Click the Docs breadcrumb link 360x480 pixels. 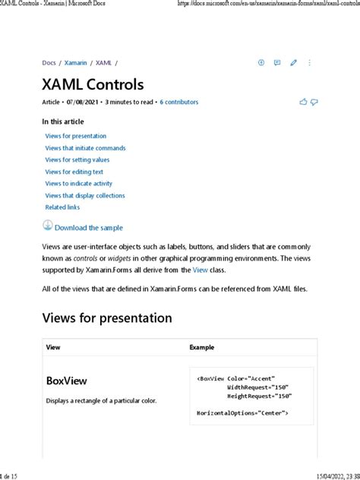[x=49, y=63]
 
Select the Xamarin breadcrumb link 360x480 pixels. [x=76, y=63]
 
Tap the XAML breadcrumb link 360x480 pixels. [x=103, y=63]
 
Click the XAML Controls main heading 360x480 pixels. [x=93, y=84]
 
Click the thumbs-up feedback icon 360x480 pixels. [x=304, y=102]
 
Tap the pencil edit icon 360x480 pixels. [x=293, y=63]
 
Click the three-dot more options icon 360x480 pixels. [x=309, y=63]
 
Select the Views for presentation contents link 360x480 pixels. [x=75, y=136]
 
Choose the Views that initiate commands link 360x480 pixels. [x=85, y=148]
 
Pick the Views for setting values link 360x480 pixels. [x=77, y=159]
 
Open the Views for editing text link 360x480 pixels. [x=74, y=172]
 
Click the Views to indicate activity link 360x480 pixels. [x=79, y=183]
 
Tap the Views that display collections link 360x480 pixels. [x=85, y=195]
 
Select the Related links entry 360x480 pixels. [x=63, y=207]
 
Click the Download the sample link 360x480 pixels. [x=88, y=227]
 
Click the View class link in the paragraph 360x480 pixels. [x=200, y=270]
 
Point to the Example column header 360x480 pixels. [x=201, y=347]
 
